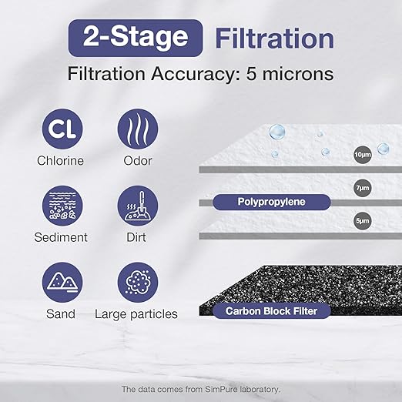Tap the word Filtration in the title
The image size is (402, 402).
pos(273,39)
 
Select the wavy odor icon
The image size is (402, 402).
pos(137,128)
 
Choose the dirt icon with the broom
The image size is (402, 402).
pos(137,206)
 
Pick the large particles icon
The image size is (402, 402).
pos(137,283)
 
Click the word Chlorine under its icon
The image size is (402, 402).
pos(60,161)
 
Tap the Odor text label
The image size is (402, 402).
pos(137,161)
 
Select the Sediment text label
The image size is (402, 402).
pos(62,237)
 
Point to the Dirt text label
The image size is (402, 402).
pos(137,237)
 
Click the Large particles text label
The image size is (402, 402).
pos(136,314)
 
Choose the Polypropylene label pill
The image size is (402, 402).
pos(271,202)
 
